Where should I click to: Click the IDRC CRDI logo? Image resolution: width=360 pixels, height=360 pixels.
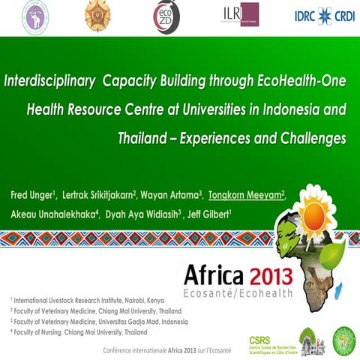323,15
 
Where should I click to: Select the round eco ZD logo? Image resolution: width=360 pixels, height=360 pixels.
166,15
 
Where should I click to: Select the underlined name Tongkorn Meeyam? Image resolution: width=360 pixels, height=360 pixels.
246,196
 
